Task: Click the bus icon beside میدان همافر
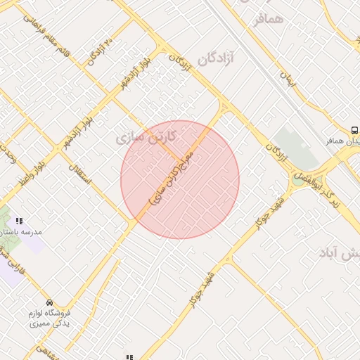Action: tap(354, 130)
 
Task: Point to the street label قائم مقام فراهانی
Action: tap(53, 35)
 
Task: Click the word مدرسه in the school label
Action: tap(32, 231)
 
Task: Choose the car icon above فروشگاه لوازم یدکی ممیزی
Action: tap(49, 303)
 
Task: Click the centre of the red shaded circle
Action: tap(180, 180)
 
